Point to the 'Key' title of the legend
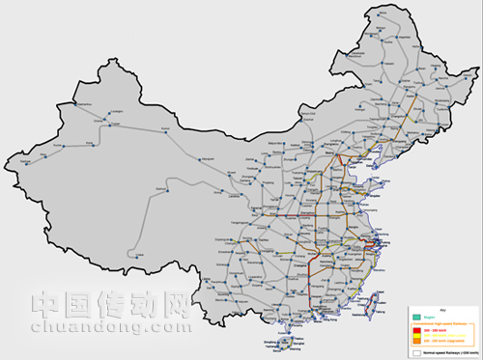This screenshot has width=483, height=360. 441,310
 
